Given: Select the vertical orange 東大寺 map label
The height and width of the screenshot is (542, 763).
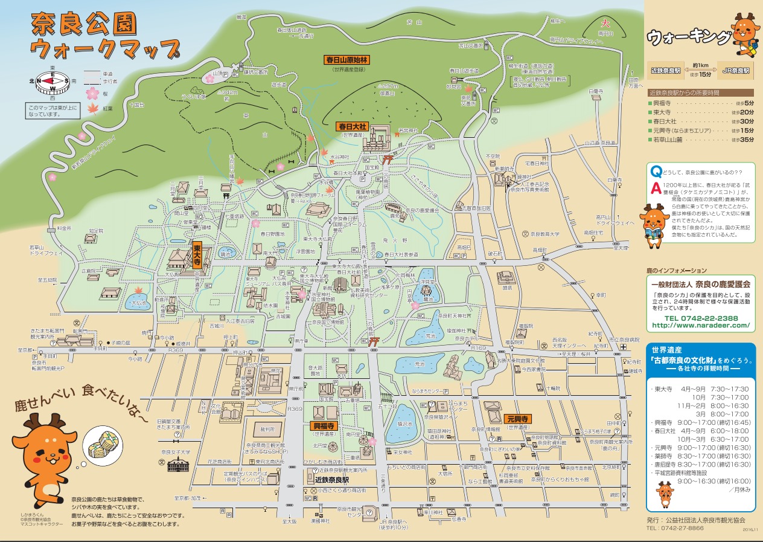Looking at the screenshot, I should (x=197, y=256).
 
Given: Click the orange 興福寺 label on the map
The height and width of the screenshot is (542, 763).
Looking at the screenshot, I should (x=323, y=425).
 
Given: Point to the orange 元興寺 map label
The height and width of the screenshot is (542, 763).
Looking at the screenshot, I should (x=517, y=418).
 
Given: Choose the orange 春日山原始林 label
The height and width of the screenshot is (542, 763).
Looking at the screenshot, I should (x=347, y=60).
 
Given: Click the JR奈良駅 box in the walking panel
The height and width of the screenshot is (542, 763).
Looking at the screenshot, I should (x=735, y=70).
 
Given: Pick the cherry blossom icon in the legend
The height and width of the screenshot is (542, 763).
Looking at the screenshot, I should (x=92, y=93).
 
